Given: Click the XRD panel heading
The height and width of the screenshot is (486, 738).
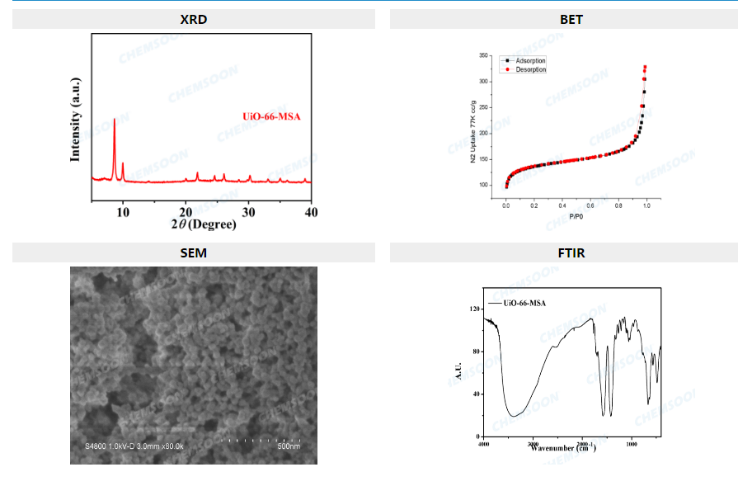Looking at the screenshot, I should point(193,19).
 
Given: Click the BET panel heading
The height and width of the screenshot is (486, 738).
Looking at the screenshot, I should point(571,19).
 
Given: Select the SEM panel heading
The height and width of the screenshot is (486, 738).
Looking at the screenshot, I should point(193,252).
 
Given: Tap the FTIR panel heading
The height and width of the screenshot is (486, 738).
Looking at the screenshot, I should point(571,252).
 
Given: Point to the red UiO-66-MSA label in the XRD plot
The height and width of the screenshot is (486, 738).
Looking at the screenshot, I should point(271,116).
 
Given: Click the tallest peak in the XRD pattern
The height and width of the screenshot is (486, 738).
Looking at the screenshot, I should point(114,121).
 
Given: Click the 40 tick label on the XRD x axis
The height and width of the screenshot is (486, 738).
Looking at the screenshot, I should point(311,212).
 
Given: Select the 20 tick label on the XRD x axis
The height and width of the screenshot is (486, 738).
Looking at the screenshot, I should point(186,212).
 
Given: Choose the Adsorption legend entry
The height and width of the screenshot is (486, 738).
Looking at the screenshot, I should point(529,61).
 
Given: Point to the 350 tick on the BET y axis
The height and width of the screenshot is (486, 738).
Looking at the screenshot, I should point(486,55).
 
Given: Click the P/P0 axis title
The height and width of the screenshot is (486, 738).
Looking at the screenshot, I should point(575,217).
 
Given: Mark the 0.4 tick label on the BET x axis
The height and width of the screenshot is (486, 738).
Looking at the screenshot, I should point(562,204).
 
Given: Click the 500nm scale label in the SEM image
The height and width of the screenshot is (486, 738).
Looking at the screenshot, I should point(289,446).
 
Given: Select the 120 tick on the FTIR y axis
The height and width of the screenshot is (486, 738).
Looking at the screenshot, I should point(474,309).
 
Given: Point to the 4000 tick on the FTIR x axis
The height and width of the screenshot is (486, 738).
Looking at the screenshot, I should point(484,444).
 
